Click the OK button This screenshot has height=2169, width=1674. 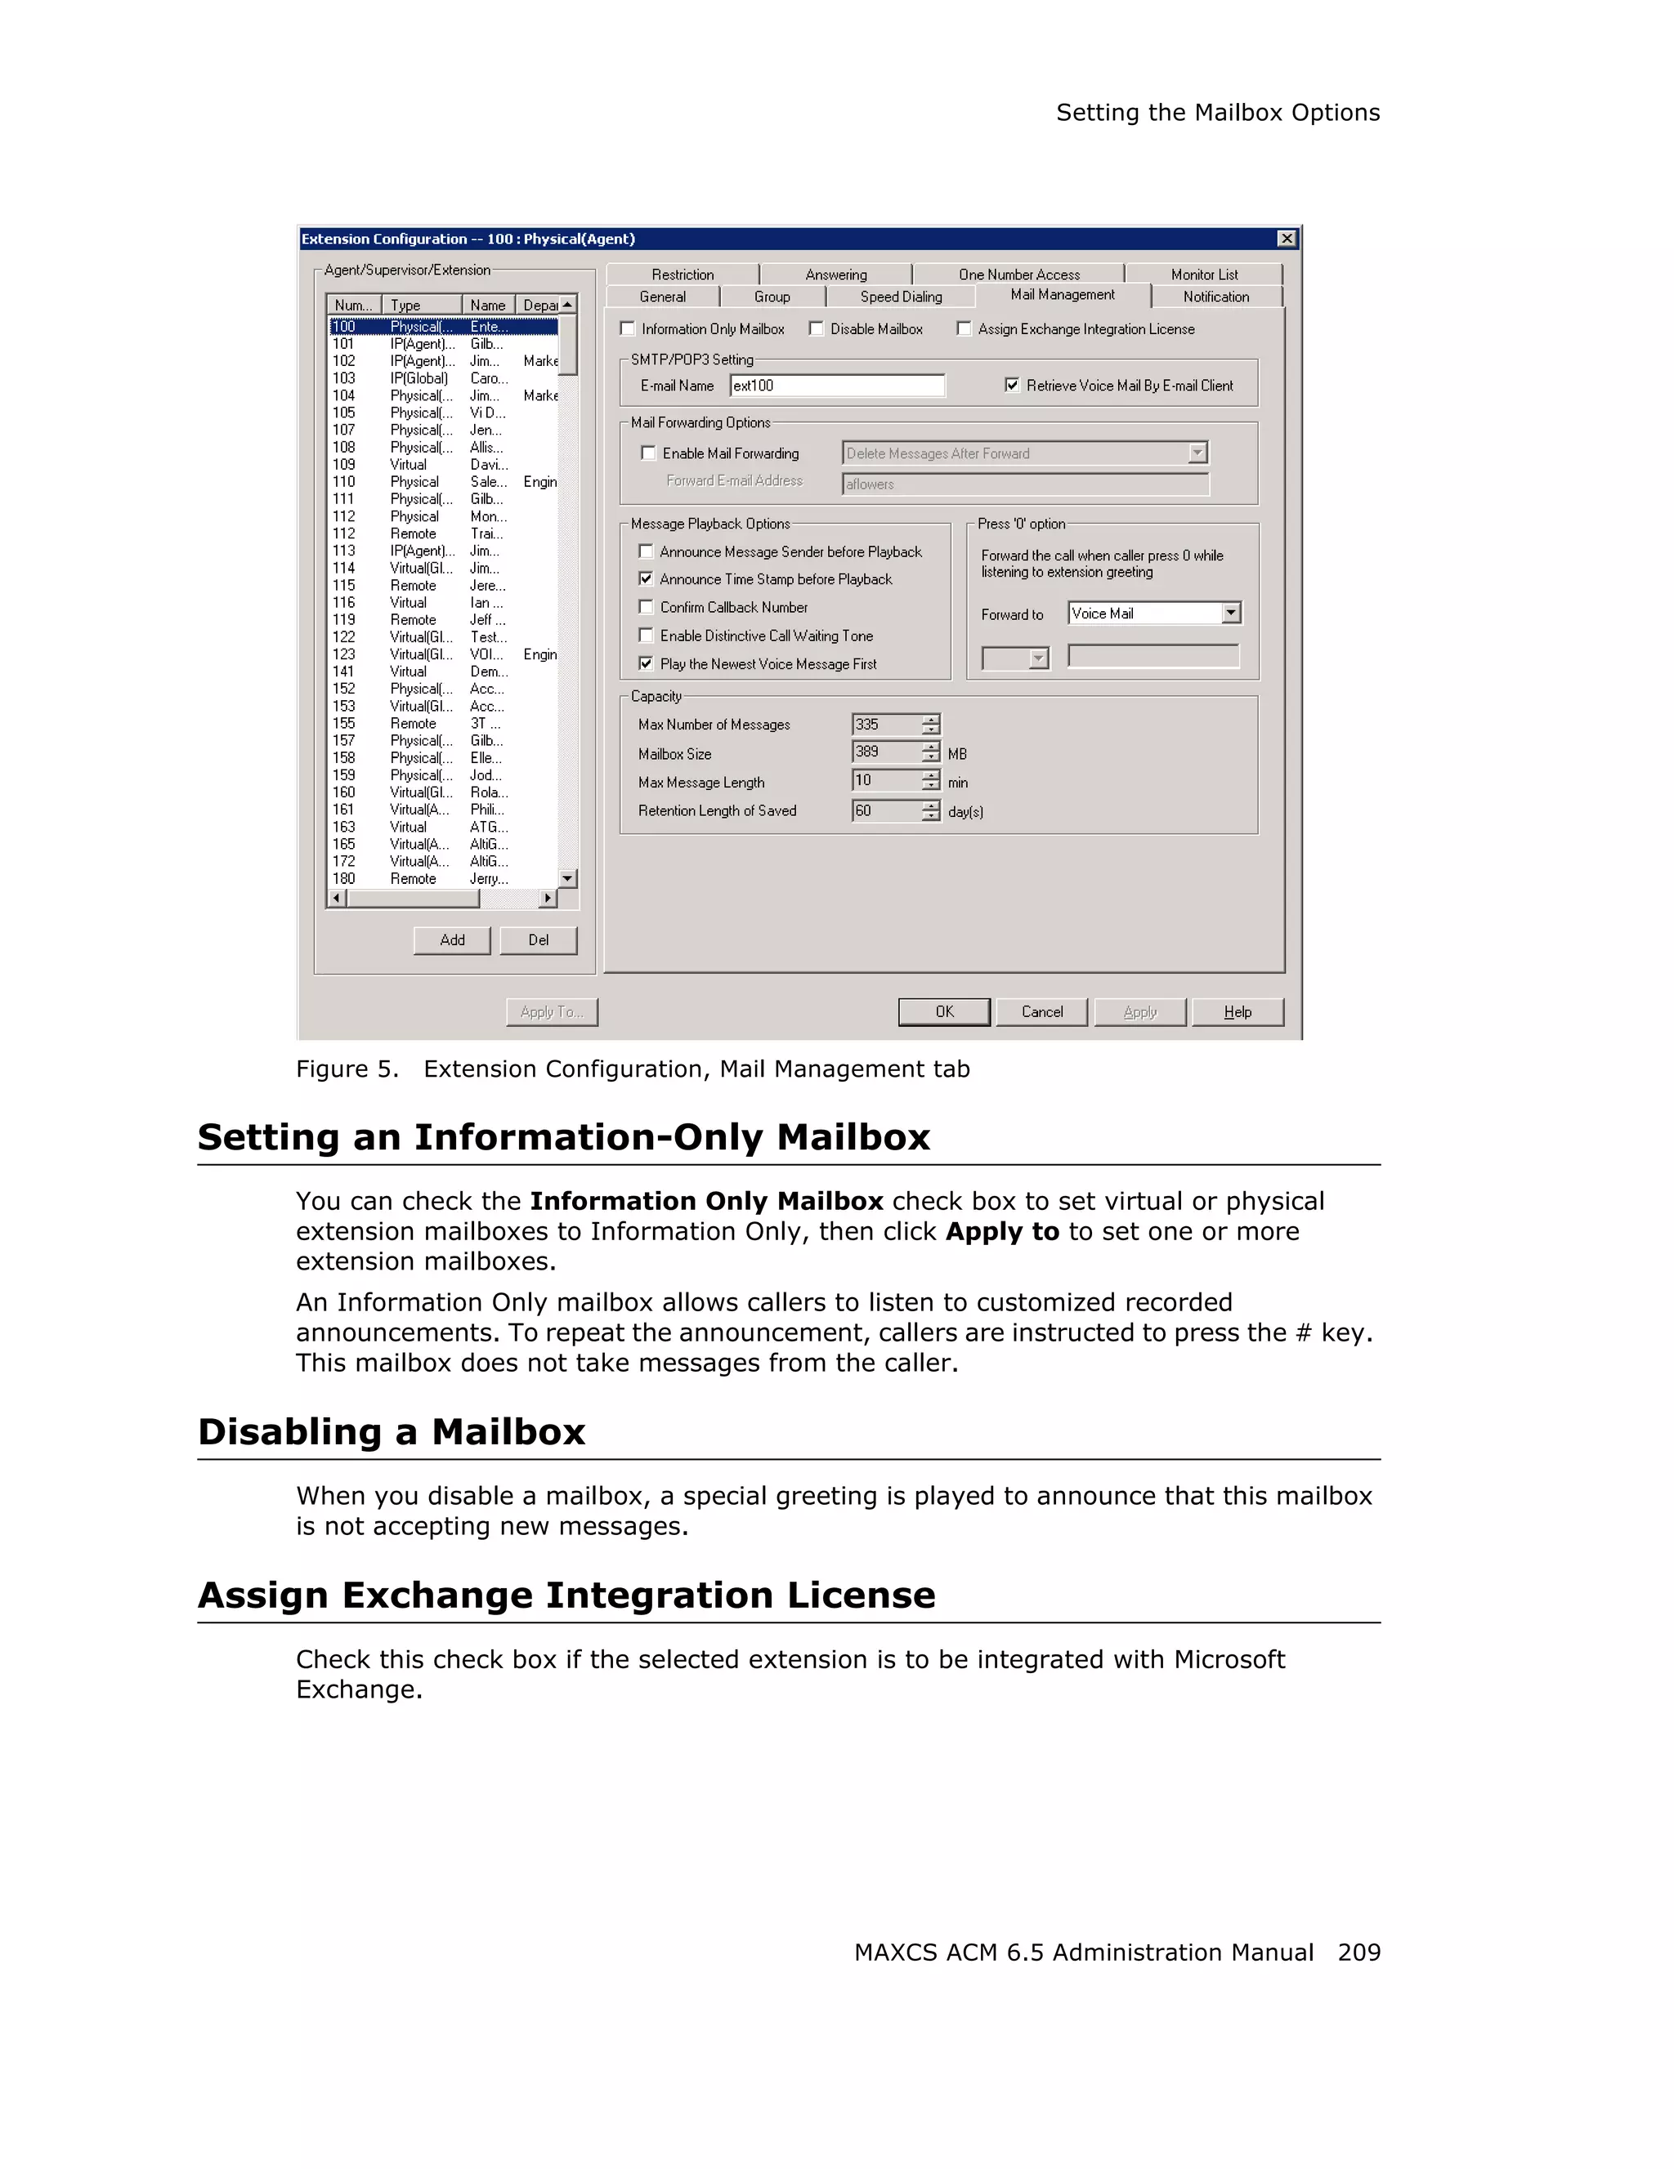click(x=944, y=1011)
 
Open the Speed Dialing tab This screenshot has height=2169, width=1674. click(x=900, y=297)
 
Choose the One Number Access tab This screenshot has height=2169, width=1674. click(x=1018, y=274)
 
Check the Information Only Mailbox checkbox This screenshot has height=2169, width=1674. click(x=628, y=328)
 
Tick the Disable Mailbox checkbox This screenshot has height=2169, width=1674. click(x=817, y=328)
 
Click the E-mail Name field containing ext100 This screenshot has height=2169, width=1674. click(x=836, y=386)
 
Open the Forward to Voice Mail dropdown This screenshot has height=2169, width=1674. click(x=1231, y=613)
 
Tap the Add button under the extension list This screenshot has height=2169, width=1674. click(x=452, y=939)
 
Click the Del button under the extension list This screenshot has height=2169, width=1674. click(x=538, y=939)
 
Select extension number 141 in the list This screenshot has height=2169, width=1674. click(x=344, y=672)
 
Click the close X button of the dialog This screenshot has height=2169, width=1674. click(x=1286, y=239)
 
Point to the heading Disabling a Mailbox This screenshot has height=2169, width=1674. click(x=392, y=1431)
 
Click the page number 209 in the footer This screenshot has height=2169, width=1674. click(x=1358, y=1952)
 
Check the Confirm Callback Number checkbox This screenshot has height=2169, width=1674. click(x=646, y=607)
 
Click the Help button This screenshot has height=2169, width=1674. click(x=1237, y=1011)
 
